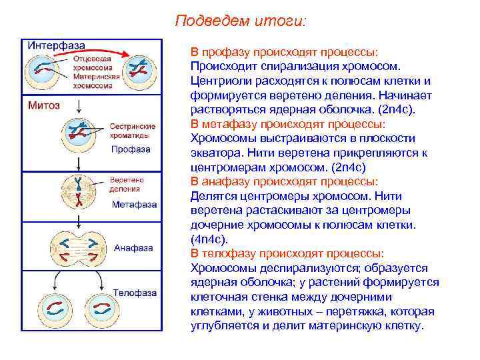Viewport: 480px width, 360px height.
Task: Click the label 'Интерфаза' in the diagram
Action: pyautogui.click(x=56, y=45)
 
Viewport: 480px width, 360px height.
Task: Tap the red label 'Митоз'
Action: pyautogui.click(x=43, y=105)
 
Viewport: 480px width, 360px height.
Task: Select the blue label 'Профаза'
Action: pyautogui.click(x=131, y=149)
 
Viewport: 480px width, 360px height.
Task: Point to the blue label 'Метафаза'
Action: pyautogui.click(x=134, y=203)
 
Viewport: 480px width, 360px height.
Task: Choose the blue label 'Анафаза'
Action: pyautogui.click(x=134, y=248)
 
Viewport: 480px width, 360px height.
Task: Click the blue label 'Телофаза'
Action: pyautogui.click(x=135, y=293)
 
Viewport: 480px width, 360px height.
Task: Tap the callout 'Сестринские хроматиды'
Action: pyautogui.click(x=133, y=130)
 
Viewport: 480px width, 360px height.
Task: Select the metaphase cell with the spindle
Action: pyautogui.click(x=79, y=190)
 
